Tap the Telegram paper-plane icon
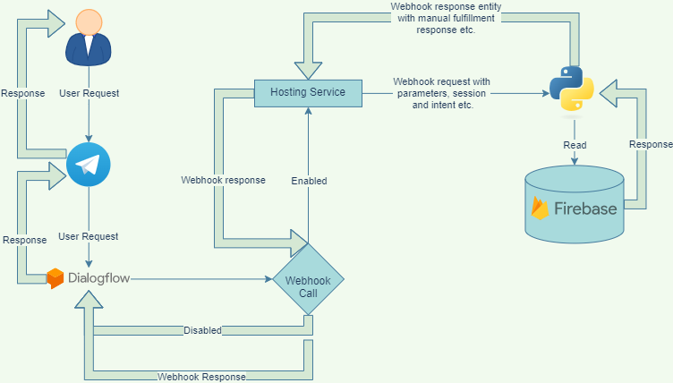tap(89, 166)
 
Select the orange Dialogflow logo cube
tap(55, 278)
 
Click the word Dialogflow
tap(99, 278)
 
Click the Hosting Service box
tap(307, 93)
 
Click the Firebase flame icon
tap(540, 208)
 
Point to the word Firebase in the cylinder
tap(585, 209)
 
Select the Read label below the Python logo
tap(575, 145)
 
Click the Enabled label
tap(309, 181)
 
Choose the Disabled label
tap(202, 330)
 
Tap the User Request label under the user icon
tap(89, 93)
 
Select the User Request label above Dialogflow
tap(89, 236)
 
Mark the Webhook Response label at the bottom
tap(201, 377)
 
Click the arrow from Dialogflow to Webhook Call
tap(201, 279)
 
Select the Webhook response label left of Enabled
tap(223, 180)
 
